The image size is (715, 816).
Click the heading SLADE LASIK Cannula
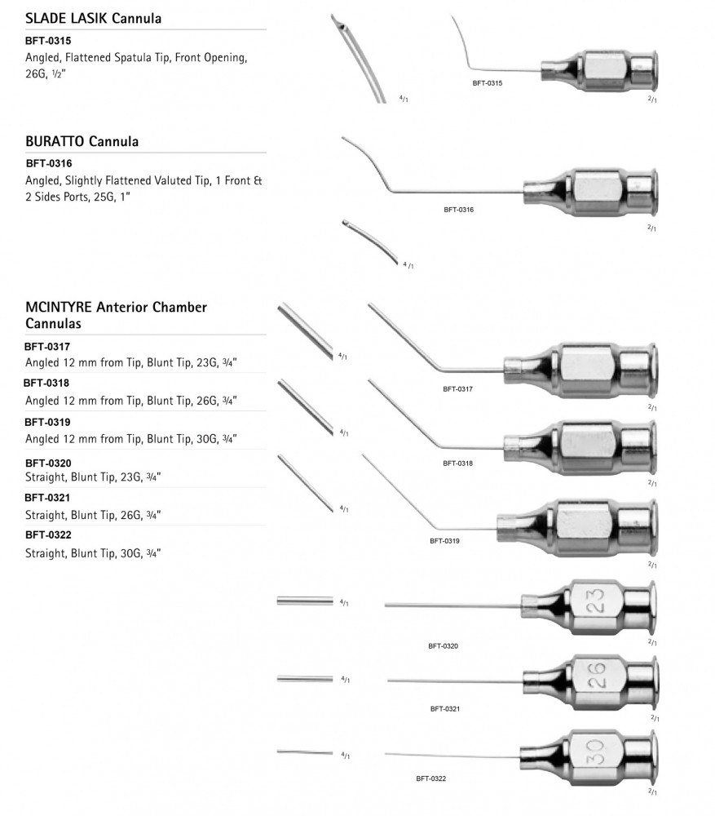[94, 18]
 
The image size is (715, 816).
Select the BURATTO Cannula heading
[82, 141]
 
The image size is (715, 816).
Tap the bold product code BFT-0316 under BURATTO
[49, 164]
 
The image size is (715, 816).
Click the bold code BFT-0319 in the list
[47, 422]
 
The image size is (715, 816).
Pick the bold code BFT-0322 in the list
[47, 535]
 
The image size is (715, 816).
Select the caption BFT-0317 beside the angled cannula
[458, 389]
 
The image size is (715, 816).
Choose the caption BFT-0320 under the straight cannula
[443, 645]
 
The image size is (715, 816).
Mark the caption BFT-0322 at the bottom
[430, 778]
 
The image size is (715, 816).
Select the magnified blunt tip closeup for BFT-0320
[305, 601]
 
